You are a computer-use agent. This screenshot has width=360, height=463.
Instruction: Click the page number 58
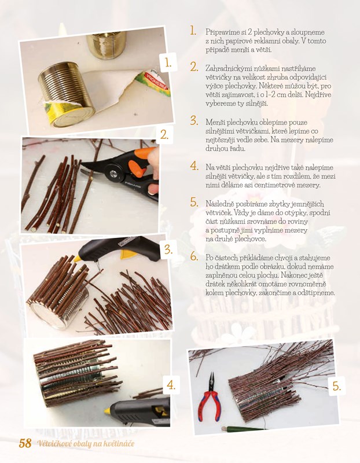[25, 443]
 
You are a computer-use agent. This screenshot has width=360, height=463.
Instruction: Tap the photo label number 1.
[168, 63]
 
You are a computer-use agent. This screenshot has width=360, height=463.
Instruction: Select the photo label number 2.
[164, 135]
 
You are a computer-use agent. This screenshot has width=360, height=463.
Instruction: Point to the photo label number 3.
[168, 250]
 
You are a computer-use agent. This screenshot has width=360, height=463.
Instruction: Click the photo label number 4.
[171, 385]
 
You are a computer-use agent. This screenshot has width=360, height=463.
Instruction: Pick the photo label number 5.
[337, 386]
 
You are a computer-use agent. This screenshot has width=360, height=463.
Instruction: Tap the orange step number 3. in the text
[194, 120]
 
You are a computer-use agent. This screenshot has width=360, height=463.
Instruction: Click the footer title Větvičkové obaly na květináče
[86, 443]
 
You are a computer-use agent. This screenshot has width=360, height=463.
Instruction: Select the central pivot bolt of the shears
[113, 172]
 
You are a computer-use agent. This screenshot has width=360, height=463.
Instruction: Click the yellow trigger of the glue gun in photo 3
[128, 254]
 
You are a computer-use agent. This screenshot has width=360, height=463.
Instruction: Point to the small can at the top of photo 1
[106, 45]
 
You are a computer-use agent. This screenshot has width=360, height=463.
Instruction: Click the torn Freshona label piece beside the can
[153, 83]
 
